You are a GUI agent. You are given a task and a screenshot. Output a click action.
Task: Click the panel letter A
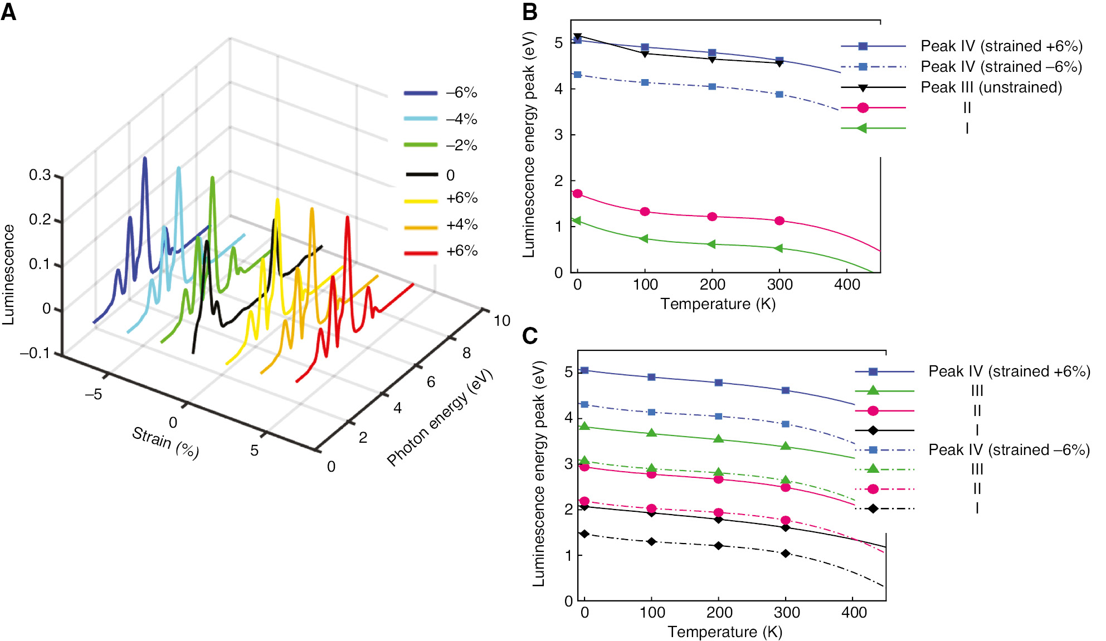click(8, 11)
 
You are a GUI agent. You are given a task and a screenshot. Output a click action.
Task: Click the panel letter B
click(529, 11)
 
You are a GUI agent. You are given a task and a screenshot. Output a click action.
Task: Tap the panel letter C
click(529, 335)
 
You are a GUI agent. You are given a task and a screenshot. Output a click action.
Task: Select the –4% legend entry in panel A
click(461, 119)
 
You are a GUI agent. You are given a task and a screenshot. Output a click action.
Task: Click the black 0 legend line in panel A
click(421, 175)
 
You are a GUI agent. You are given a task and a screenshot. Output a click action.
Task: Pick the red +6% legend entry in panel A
click(461, 251)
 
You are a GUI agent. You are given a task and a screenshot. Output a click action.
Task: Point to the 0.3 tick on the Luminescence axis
click(40, 175)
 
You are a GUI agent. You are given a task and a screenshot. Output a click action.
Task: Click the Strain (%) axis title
click(165, 442)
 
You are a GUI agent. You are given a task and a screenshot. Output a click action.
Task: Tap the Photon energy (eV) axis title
click(440, 418)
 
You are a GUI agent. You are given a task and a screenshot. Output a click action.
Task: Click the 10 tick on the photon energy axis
click(501, 321)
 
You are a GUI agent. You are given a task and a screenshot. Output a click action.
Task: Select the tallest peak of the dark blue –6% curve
click(145, 159)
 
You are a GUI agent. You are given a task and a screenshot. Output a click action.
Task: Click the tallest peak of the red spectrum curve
click(347, 218)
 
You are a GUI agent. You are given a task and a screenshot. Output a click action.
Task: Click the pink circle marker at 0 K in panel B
click(578, 194)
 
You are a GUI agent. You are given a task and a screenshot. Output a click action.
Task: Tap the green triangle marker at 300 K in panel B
click(779, 248)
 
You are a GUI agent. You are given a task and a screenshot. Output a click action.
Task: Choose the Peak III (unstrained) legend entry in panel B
click(991, 87)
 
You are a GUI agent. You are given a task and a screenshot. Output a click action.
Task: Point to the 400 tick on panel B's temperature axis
click(847, 285)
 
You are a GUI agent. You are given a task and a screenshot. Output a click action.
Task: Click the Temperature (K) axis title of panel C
click(725, 632)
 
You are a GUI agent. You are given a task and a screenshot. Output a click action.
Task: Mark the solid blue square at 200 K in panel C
click(719, 383)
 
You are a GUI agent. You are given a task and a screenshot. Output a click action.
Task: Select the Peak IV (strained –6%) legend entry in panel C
click(1008, 449)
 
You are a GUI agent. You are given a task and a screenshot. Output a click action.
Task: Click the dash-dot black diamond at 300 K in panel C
click(786, 553)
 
